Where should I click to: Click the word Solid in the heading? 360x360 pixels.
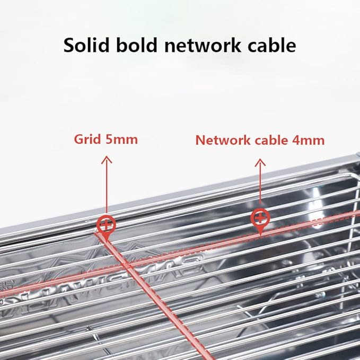[x=86, y=45]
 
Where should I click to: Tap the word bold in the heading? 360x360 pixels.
[x=137, y=45]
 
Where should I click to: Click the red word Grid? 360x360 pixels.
[x=87, y=139]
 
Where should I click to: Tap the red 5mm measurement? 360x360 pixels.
[x=122, y=139]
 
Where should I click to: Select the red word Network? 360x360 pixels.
[x=223, y=141]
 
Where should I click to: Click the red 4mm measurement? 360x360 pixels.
[x=309, y=141]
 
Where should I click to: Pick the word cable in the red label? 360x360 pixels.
[x=271, y=141]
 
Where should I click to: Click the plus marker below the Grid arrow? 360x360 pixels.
[x=106, y=225]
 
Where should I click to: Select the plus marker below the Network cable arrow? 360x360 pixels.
[x=260, y=217]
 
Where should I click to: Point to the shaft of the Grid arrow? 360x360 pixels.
[x=107, y=185]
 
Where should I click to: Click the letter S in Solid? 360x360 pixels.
[x=69, y=45]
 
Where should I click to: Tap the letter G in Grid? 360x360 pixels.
[x=79, y=139]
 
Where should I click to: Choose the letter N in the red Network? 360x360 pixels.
[x=200, y=141]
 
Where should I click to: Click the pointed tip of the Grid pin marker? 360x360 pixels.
[x=106, y=241]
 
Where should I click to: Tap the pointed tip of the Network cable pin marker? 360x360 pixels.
[x=260, y=235]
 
